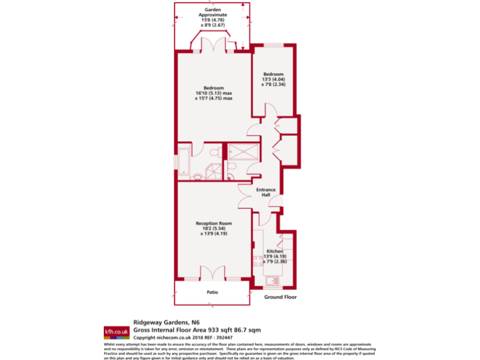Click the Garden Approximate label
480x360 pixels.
213,14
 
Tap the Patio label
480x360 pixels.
213,291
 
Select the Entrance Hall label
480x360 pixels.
266,192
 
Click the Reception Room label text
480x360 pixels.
214,223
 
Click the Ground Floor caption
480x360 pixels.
280,297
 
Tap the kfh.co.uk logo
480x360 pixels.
116,332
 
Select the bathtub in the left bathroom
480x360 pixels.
184,161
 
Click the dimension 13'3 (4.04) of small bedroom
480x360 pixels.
273,79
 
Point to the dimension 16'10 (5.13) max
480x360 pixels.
214,93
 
